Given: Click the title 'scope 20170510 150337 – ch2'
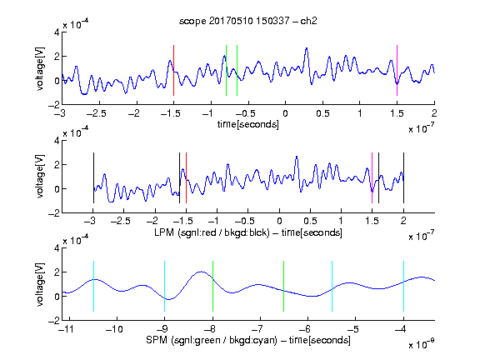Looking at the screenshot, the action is (x=248, y=21).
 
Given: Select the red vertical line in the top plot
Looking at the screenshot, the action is (x=173, y=70).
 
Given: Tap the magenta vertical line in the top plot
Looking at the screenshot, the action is (x=397, y=70).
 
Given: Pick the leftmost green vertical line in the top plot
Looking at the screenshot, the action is (x=226, y=70).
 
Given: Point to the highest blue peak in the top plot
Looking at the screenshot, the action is (x=306, y=48).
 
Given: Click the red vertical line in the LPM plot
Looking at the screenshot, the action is (x=186, y=177).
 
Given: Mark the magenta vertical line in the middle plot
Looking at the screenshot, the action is (x=372, y=177).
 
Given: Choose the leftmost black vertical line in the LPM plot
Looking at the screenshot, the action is (x=93, y=177).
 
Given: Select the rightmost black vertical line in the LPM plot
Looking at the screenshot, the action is (x=403, y=177).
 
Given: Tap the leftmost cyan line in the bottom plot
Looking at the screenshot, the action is (x=93, y=286).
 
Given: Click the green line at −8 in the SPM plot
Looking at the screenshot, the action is (x=212, y=286).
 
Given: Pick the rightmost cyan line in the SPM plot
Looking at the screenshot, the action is (x=403, y=286).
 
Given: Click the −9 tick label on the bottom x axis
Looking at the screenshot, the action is (x=162, y=329).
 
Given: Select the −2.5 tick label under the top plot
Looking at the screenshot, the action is (x=97, y=113).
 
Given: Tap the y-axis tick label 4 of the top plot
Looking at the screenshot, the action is (x=57, y=32).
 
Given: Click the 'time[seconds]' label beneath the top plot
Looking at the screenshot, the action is (x=248, y=124).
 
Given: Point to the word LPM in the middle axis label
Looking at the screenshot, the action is (x=164, y=232).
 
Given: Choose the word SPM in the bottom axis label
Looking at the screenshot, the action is (x=157, y=340).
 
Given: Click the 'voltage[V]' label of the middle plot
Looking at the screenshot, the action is (x=40, y=177).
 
